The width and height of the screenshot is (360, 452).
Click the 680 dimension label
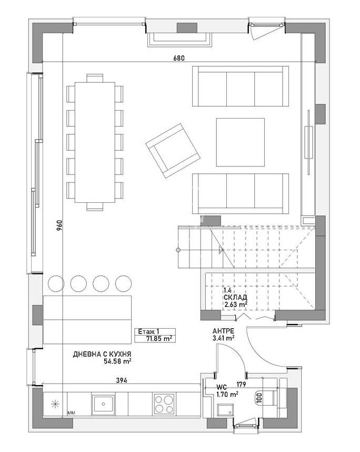point(179,58)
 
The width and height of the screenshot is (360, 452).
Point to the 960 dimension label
point(59,225)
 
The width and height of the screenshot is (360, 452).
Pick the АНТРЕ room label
point(223,331)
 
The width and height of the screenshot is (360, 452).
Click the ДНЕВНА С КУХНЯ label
point(102,355)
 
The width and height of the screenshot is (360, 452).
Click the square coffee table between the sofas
point(240,141)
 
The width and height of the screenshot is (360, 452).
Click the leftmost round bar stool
point(55,283)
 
